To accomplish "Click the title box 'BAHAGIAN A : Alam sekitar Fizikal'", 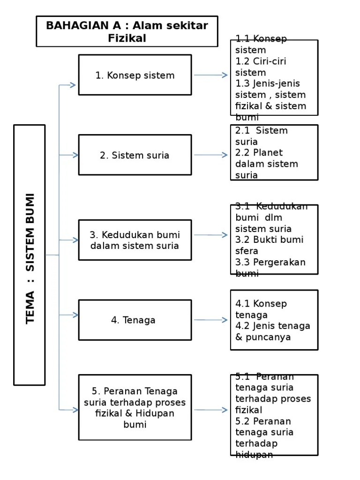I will tap(127, 31).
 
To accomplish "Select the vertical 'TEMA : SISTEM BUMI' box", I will tap(30, 255).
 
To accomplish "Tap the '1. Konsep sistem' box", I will tap(135, 75).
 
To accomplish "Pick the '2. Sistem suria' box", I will tap(135, 155).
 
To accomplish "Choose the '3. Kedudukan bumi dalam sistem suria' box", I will tap(135, 240).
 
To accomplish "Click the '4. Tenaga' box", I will tap(135, 320).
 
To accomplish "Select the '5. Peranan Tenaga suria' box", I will tap(135, 408).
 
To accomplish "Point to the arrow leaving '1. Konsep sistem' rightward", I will tap(210, 75).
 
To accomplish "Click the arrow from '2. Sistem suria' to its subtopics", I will tap(210, 155).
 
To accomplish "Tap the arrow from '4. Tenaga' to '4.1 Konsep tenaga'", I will tap(210, 320).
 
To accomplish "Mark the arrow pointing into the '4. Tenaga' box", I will tap(68, 315).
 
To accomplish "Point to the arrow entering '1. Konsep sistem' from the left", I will tap(68, 85).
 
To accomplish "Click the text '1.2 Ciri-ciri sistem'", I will tap(261, 67).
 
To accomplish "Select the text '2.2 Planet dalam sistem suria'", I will tap(267, 164).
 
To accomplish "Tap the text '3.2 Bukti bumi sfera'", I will tap(269, 245).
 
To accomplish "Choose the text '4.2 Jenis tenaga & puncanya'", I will tap(273, 331).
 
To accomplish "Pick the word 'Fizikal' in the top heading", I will tap(127, 38).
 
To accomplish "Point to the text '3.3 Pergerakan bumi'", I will tap(270, 267).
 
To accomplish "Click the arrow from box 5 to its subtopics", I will tap(210, 410).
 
